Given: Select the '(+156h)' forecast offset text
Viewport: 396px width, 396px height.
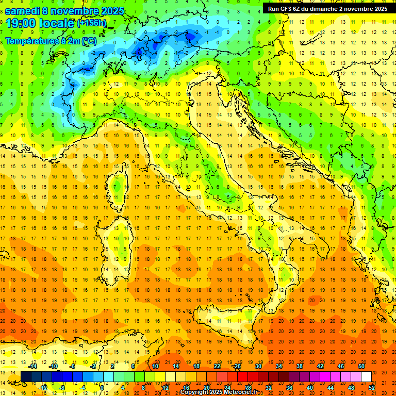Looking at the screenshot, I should pyautogui.click(x=92, y=23).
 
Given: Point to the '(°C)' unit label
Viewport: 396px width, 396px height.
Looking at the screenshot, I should pyautogui.click(x=89, y=41).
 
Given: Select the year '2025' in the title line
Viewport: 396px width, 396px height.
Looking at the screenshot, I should pyautogui.click(x=112, y=10).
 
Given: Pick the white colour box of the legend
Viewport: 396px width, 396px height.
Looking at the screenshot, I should pyautogui.click(x=366, y=376).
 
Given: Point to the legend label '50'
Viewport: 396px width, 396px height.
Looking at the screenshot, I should pyautogui.click(x=361, y=366).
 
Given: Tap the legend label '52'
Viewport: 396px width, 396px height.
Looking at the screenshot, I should pyautogui.click(x=372, y=387).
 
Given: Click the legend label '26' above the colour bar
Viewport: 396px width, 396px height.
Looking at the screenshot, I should pyautogui.click(x=237, y=366).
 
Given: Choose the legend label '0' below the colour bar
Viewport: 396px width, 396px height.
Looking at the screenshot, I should pyautogui.click(x=103, y=387).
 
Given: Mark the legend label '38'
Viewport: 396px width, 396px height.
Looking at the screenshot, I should pyautogui.click(x=299, y=366).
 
